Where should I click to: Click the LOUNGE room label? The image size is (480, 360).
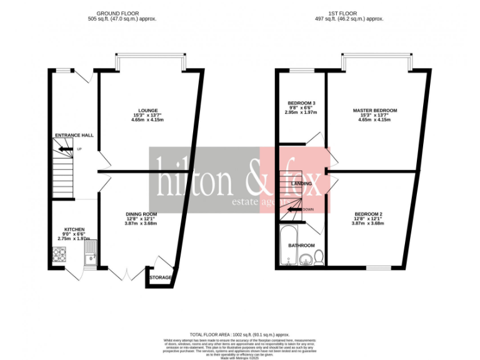[148, 110]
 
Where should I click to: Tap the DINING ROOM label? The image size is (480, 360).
[141, 214]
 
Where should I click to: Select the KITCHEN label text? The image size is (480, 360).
[74, 229]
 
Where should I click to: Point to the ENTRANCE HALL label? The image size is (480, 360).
[74, 135]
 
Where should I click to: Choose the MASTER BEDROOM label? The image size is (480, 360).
[374, 110]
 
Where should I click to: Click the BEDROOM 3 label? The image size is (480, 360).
[301, 103]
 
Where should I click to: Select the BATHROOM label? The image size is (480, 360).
[301, 246]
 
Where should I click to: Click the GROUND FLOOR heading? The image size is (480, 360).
[122, 13]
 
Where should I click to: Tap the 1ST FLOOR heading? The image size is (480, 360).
[347, 13]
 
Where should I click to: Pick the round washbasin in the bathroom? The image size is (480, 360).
[306, 260]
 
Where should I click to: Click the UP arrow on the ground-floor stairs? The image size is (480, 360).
[66, 149]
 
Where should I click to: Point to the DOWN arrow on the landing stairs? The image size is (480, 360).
[293, 209]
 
